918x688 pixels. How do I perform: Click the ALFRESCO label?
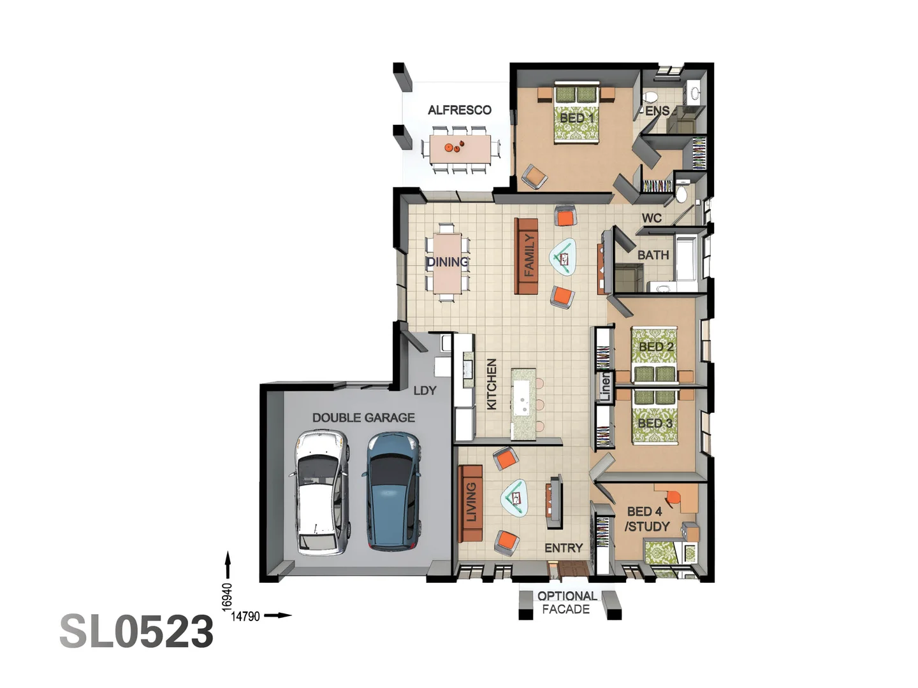pyautogui.click(x=459, y=110)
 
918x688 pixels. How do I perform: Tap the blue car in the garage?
pyautogui.click(x=392, y=491)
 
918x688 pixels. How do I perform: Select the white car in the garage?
pyautogui.click(x=323, y=492)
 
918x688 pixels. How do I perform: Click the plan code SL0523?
pyautogui.click(x=136, y=631)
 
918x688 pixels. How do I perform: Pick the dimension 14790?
pyautogui.click(x=245, y=616)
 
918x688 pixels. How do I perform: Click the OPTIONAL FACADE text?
pyautogui.click(x=566, y=603)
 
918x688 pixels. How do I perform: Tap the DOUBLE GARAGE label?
pyautogui.click(x=363, y=418)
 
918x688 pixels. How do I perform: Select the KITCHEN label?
pyautogui.click(x=492, y=383)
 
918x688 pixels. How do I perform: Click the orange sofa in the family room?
pyautogui.click(x=527, y=256)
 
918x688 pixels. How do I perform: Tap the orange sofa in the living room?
pyautogui.click(x=470, y=503)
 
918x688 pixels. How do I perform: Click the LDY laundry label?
pyautogui.click(x=425, y=391)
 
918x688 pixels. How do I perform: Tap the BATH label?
pyautogui.click(x=653, y=255)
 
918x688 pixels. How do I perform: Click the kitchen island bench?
pyautogui.click(x=523, y=403)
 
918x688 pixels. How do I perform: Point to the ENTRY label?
pyautogui.click(x=564, y=548)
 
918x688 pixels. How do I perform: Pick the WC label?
pyautogui.click(x=652, y=218)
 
